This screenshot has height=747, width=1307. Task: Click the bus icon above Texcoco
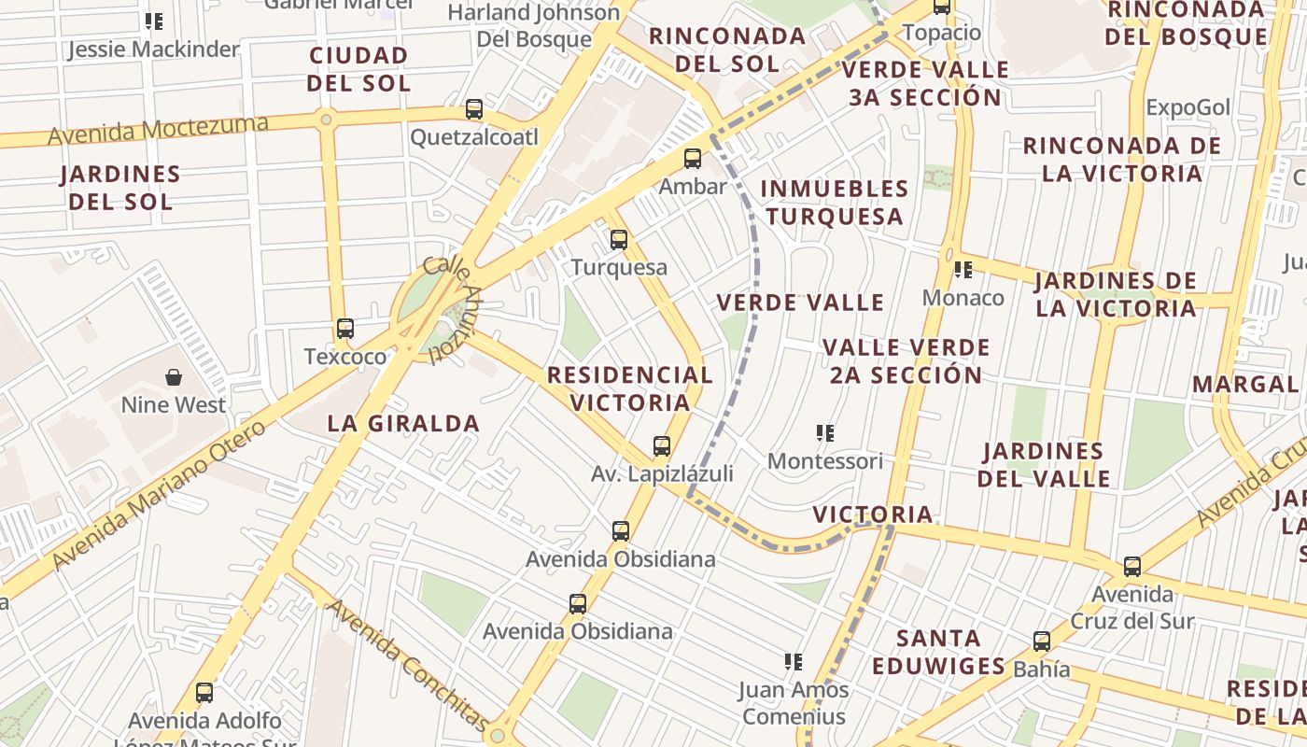345,329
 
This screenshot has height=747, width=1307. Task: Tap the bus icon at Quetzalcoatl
474,109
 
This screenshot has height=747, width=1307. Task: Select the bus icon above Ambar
693,159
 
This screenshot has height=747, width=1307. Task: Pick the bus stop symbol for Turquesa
619,240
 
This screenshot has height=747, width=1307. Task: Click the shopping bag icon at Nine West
174,377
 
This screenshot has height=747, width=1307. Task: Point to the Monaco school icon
963,271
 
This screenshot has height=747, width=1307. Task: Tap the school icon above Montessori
825,433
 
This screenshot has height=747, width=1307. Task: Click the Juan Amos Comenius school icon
794,663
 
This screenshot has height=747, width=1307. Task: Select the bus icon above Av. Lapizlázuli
662,446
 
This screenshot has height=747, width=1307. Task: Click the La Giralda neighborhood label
403,423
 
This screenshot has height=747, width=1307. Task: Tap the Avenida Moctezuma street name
158,130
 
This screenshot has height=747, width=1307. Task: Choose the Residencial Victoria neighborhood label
630,388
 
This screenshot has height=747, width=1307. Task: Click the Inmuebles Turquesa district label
834,203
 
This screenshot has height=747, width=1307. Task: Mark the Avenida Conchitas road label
407,665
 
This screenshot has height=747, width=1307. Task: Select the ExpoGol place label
1188,107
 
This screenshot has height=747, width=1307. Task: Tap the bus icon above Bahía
1042,641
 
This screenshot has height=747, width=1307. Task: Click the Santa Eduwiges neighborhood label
939,652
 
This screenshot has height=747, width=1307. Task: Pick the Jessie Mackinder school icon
154,21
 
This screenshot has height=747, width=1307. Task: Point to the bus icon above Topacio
942,7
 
